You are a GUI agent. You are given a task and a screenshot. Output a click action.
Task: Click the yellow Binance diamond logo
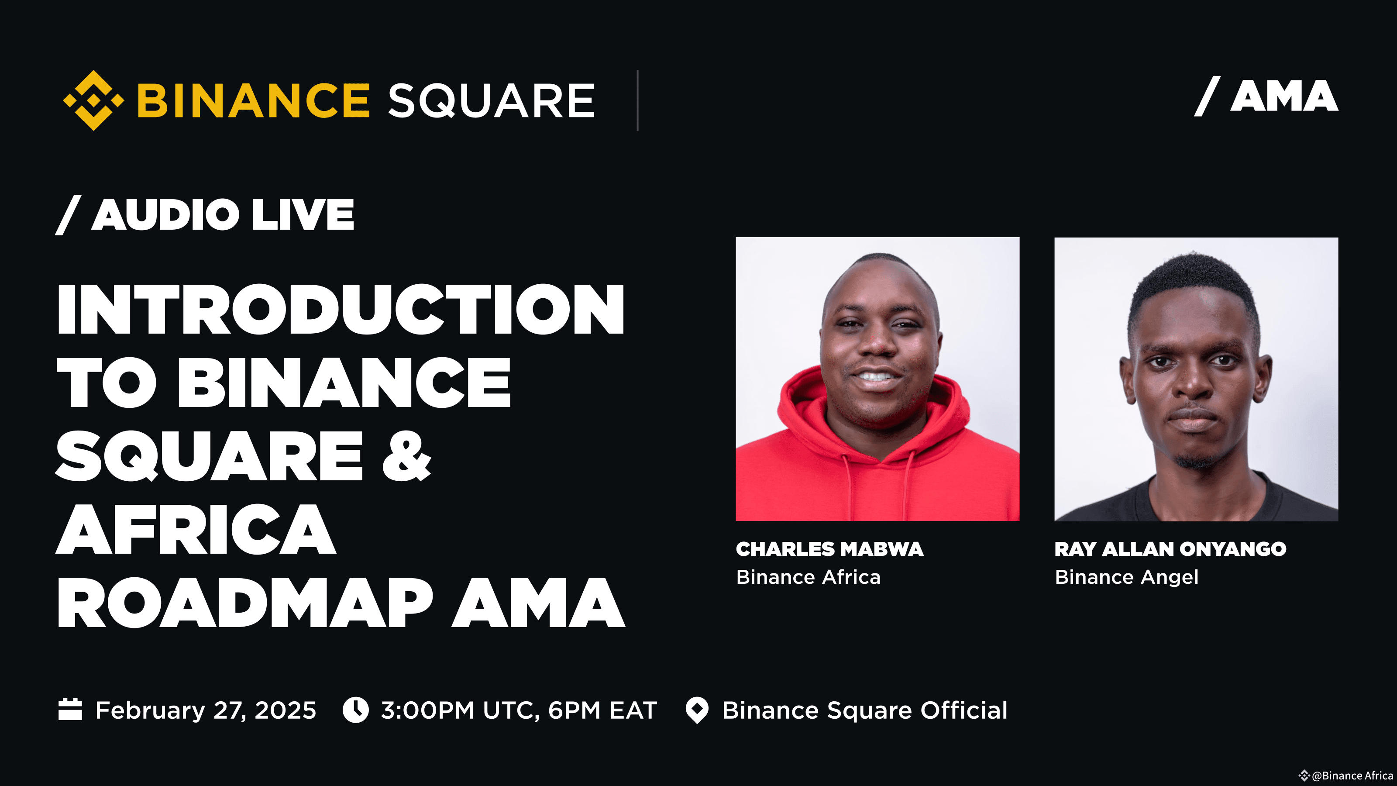point(93,100)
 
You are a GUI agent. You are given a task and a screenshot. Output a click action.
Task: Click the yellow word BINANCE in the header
point(253,101)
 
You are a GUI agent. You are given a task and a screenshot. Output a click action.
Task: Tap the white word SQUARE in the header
point(491,101)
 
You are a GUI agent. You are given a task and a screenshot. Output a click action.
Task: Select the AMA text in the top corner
point(1283,97)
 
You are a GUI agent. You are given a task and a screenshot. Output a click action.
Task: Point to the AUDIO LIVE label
point(222,215)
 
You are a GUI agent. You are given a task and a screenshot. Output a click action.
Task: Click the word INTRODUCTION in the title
point(341,309)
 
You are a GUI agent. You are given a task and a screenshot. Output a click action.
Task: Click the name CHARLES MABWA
point(829,549)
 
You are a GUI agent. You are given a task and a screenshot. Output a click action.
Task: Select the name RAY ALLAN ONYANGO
point(1170,549)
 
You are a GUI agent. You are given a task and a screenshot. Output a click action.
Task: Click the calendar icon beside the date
point(70,710)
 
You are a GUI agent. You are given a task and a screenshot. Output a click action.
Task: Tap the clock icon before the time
point(356,710)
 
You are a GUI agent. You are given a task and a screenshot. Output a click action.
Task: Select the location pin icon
point(697,710)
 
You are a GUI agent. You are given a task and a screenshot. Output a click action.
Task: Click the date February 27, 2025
point(206,710)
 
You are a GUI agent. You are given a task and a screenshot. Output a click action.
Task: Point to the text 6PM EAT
point(602,710)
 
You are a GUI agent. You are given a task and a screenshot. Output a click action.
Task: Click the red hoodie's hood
point(803,401)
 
